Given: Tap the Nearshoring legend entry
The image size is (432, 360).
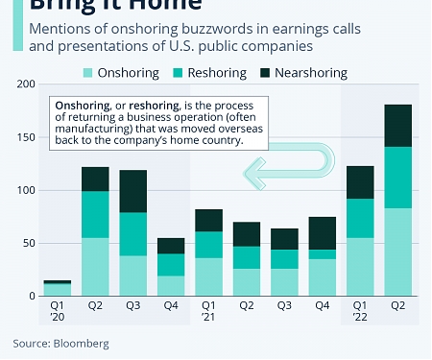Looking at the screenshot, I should pyautogui.click(x=310, y=72).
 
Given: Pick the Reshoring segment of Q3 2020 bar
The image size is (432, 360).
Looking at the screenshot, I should pyautogui.click(x=132, y=234).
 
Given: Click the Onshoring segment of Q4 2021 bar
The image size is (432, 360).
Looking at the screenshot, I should pyautogui.click(x=322, y=277).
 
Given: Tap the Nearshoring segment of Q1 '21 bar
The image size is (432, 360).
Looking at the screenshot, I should pyautogui.click(x=208, y=220).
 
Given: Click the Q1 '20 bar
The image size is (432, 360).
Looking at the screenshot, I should pyautogui.click(x=57, y=289).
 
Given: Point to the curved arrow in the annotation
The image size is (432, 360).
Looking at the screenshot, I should pyautogui.click(x=278, y=170).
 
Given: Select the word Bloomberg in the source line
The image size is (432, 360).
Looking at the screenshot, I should pyautogui.click(x=83, y=343).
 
